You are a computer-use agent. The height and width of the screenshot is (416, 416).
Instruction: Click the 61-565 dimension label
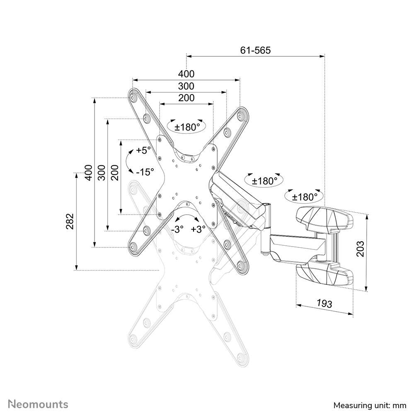[x=255, y=50]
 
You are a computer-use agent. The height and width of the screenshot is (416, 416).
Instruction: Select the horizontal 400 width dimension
[x=186, y=74]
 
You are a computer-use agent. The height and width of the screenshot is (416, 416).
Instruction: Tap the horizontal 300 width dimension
[x=186, y=86]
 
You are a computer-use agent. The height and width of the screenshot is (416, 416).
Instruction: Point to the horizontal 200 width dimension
[x=186, y=98]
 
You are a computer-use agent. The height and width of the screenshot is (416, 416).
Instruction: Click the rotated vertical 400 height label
[x=88, y=172]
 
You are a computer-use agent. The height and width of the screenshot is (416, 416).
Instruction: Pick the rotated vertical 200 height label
[x=115, y=172]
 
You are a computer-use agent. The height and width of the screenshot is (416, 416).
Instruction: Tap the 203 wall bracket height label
[x=360, y=249]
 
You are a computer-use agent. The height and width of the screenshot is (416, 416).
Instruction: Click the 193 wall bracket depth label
[x=324, y=303]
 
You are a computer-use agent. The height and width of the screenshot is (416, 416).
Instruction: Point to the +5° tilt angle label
[x=143, y=150]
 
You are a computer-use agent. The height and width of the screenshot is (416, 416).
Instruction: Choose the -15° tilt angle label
[x=145, y=171]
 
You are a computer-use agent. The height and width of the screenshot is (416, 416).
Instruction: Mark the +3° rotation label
[x=198, y=230]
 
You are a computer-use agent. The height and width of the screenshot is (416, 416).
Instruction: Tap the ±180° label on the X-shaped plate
[x=187, y=127]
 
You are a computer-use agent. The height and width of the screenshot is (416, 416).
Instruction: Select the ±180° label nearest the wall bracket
[x=305, y=196]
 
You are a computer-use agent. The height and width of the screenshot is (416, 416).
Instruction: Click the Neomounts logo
[x=38, y=404]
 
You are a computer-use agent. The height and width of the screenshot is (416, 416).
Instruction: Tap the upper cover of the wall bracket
[x=324, y=219]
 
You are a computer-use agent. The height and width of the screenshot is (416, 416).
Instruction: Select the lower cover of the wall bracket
[x=324, y=273]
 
